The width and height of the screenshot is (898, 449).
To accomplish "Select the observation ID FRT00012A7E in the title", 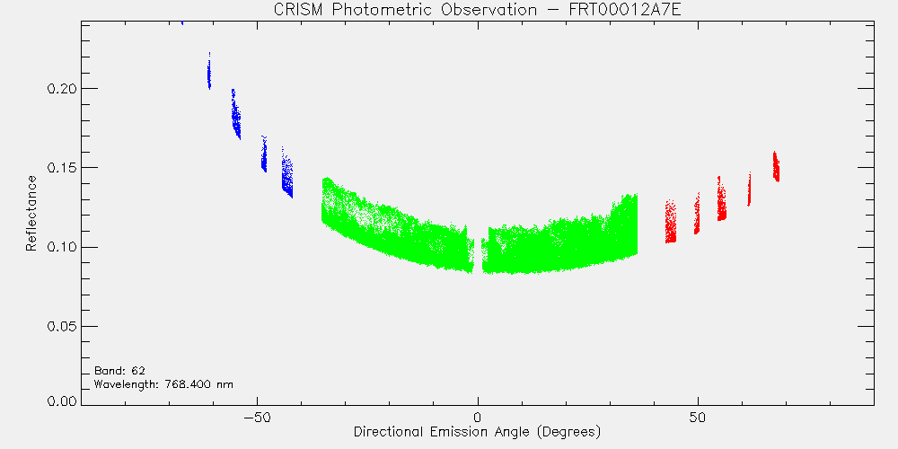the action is click(x=631, y=10).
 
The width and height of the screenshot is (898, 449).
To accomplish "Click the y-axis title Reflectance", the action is click(x=31, y=213).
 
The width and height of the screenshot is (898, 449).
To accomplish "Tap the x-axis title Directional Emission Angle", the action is click(x=445, y=431).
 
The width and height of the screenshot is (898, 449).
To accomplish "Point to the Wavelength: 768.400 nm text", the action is click(x=163, y=383).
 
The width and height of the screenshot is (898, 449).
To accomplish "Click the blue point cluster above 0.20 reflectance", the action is click(x=209, y=71).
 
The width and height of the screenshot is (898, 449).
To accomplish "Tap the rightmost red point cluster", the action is click(x=776, y=167).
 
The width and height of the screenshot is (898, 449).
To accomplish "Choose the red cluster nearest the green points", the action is click(x=671, y=222).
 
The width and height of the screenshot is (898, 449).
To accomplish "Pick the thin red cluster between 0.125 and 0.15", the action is click(x=749, y=189).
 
